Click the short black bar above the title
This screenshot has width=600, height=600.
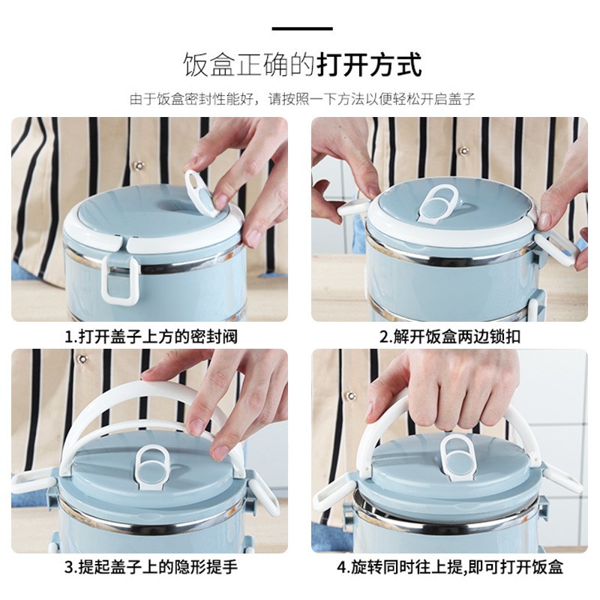tap(301, 29)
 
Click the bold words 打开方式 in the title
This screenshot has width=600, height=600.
tap(369, 64)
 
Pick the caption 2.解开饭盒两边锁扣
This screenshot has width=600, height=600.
tap(450, 337)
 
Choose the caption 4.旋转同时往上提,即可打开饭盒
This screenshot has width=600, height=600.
tap(450, 567)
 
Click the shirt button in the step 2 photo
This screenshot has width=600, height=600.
tap(463, 150)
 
